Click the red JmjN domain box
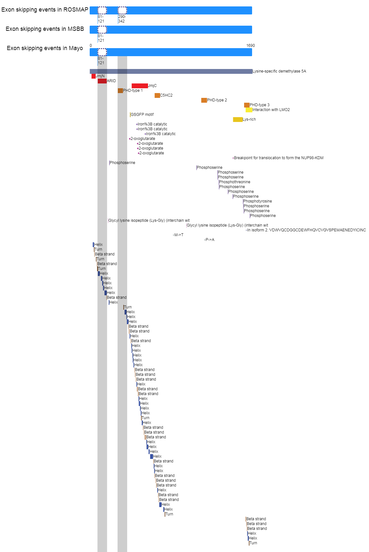pyautogui.click(x=94, y=76)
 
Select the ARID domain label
pyautogui.click(x=111, y=81)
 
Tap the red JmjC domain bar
pyautogui.click(x=140, y=86)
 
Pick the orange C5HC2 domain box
pyautogui.click(x=157, y=95)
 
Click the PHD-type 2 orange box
pyautogui.click(x=204, y=100)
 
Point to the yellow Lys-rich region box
pyautogui.click(x=238, y=119)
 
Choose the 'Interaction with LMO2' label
pyautogui.click(x=271, y=110)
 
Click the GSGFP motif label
pyautogui.click(x=142, y=115)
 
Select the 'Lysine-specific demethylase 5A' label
pyautogui.click(x=279, y=71)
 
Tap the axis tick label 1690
pyautogui.click(x=250, y=46)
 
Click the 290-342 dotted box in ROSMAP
pyautogui.click(x=122, y=10)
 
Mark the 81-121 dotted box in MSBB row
pyautogui.click(x=102, y=30)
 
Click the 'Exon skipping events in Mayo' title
pyautogui.click(x=45, y=48)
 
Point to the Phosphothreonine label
pyautogui.click(x=235, y=182)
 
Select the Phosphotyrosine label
pyautogui.click(x=258, y=201)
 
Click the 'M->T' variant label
pyautogui.click(x=179, y=235)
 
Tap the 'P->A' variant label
pyautogui.click(x=210, y=240)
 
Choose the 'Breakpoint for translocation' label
pyautogui.click(x=279, y=158)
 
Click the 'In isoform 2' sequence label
pyautogui.click(x=306, y=230)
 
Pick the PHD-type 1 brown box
pyautogui.click(x=120, y=91)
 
